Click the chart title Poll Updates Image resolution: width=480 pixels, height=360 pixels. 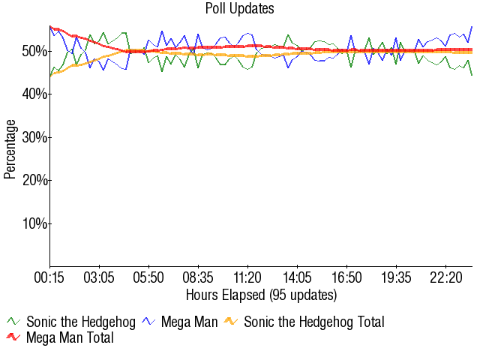pyautogui.click(x=240, y=9)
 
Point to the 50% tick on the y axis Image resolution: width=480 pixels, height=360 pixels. pyautogui.click(x=34, y=51)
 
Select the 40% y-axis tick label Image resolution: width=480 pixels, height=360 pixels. pyautogui.click(x=34, y=94)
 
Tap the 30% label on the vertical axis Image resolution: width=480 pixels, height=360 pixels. pyautogui.click(x=34, y=137)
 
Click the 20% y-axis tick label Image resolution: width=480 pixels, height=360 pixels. pyautogui.click(x=34, y=180)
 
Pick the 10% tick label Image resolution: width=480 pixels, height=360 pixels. pyautogui.click(x=34, y=223)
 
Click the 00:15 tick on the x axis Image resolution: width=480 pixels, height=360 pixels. pyautogui.click(x=49, y=277)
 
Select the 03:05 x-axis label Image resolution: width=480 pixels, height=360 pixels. pyautogui.click(x=99, y=277)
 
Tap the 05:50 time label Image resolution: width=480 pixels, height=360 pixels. pyautogui.click(x=148, y=277)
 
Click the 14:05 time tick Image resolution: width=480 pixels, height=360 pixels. pyautogui.click(x=298, y=277)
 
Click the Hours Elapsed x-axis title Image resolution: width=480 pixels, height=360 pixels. pyautogui.click(x=261, y=294)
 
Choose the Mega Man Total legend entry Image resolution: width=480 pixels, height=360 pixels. pyautogui.click(x=70, y=337)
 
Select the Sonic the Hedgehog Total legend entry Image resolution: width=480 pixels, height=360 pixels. pyautogui.click(x=313, y=322)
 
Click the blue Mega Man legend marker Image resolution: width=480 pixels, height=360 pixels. pyautogui.click(x=148, y=322)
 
